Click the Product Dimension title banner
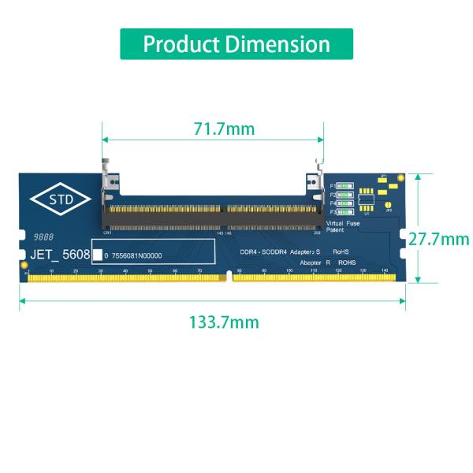point(236,44)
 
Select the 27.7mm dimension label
point(444,239)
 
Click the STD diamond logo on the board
point(61,200)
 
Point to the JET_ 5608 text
point(60,255)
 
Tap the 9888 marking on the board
point(43,236)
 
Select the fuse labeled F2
point(345,195)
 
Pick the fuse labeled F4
point(345,203)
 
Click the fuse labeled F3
point(345,212)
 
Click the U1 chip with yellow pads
point(365,201)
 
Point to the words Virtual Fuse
point(342,224)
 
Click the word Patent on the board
point(335,230)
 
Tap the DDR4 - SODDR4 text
point(263,251)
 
